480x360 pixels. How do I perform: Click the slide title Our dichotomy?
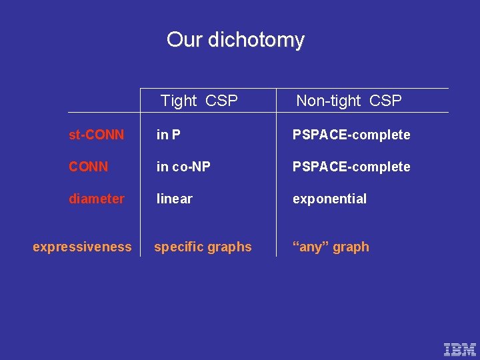(235, 40)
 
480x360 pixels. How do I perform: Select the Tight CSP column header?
(199, 101)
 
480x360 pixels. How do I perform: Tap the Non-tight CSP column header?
(349, 101)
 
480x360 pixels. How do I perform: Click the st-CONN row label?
(96, 135)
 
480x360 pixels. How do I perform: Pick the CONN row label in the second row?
(88, 167)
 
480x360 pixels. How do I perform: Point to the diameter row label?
(96, 199)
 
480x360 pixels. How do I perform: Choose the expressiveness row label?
(82, 247)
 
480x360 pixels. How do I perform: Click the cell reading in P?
(168, 135)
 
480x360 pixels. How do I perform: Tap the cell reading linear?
(174, 199)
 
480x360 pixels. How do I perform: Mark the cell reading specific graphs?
(203, 247)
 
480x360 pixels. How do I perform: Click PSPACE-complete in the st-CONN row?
(351, 135)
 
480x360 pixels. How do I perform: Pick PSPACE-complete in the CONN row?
(351, 167)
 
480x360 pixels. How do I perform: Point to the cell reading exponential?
(329, 199)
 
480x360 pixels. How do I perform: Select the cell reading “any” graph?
(331, 247)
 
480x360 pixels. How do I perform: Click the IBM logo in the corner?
(460, 349)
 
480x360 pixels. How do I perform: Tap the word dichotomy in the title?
(256, 40)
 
